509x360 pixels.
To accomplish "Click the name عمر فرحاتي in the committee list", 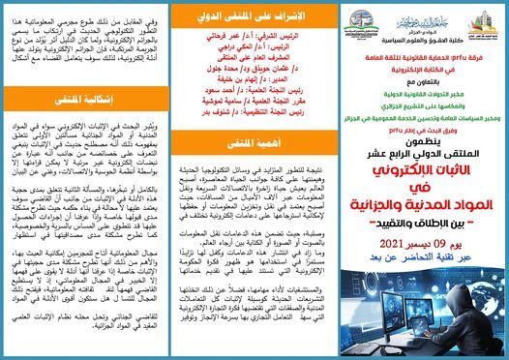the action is point(225,43).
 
